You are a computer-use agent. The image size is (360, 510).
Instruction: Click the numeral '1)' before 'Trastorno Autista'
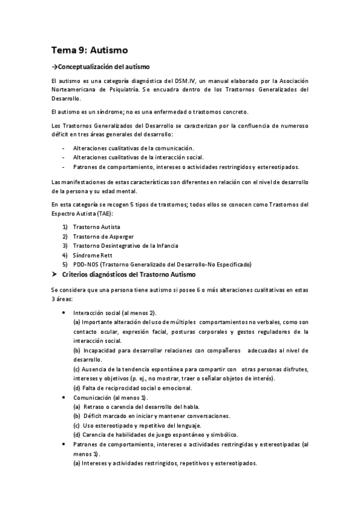click(x=65, y=227)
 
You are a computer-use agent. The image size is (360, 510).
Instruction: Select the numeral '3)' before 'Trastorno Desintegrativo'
click(x=65, y=246)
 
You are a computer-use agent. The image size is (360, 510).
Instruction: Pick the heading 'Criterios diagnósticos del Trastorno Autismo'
click(x=134, y=275)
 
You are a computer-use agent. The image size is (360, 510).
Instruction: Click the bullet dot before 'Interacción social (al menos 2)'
click(x=64, y=313)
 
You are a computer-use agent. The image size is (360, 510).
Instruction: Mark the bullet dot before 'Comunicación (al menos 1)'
click(x=64, y=398)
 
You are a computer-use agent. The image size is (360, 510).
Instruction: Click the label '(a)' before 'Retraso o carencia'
click(x=78, y=407)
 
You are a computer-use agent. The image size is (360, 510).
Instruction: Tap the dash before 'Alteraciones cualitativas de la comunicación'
click(x=64, y=147)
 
